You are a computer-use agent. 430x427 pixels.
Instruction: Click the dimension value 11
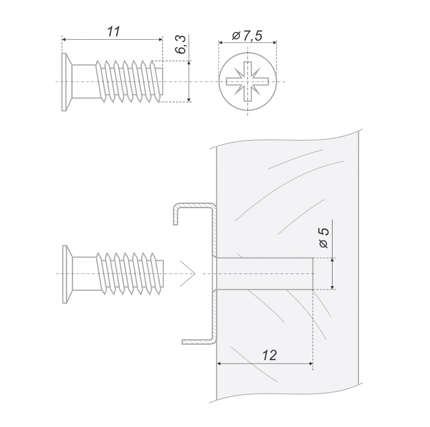tap(113, 32)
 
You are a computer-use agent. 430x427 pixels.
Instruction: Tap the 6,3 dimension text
tap(181, 45)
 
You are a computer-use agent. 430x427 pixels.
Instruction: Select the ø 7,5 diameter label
tap(247, 36)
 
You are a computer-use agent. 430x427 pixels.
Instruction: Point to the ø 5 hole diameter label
tap(323, 238)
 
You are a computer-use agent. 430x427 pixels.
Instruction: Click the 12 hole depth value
tap(269, 355)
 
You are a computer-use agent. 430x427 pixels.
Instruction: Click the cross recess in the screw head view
tap(247, 81)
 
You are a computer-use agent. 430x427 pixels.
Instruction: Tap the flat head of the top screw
tap(66, 82)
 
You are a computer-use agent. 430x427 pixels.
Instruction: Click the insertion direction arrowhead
tap(188, 274)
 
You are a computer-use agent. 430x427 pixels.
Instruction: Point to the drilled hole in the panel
tap(265, 274)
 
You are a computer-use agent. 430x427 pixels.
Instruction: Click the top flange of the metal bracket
tap(192, 206)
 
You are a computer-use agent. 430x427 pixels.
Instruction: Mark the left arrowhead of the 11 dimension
tap(64, 40)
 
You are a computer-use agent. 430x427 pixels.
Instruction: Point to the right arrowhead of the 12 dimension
tap(311, 363)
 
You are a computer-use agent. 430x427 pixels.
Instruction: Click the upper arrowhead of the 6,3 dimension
tap(189, 63)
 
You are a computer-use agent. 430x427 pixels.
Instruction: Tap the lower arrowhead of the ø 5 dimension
tap(333, 287)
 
